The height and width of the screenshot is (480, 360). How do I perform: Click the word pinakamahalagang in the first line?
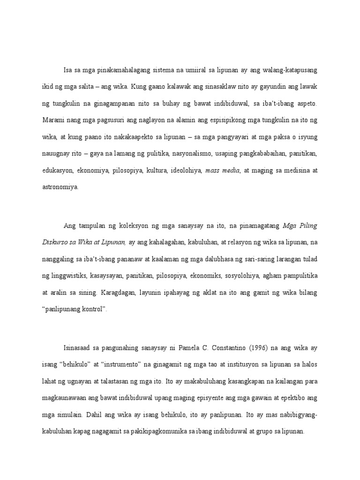[x=118, y=70]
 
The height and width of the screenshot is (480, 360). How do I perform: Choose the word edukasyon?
[x=57, y=171]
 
